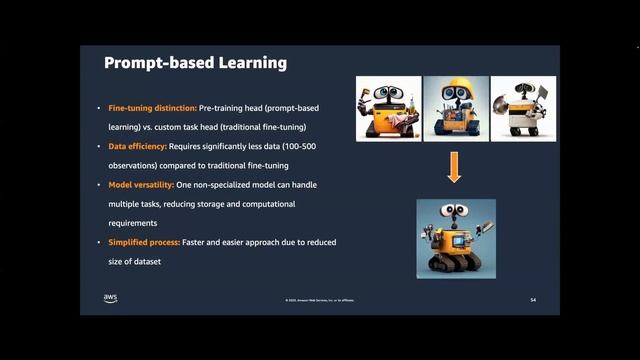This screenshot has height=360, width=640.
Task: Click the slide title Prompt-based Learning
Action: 196,63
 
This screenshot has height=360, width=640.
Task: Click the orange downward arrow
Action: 454,169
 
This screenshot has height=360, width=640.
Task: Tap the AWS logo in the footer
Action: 110,298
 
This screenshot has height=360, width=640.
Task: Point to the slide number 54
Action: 533,299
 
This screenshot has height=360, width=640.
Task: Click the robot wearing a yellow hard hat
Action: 455,109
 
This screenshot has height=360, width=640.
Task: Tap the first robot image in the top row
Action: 389,109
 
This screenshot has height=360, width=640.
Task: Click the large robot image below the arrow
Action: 456,237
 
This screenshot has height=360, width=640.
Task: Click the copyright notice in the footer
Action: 319,300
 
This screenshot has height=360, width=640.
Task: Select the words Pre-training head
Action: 233,108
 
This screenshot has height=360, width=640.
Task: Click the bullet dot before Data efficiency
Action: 98,146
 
